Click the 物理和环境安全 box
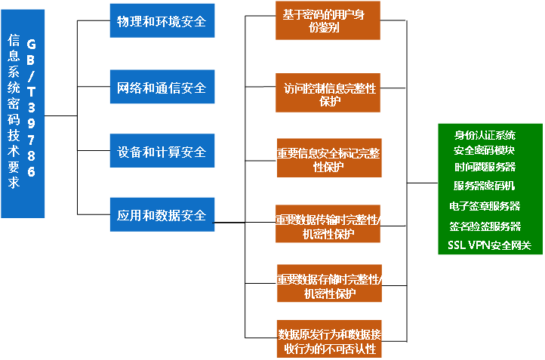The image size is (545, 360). pyautogui.click(x=162, y=20)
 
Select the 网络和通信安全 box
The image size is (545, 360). pyautogui.click(x=162, y=88)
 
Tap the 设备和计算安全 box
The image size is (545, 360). pyautogui.click(x=162, y=152)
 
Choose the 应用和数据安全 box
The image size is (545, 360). pyautogui.click(x=162, y=215)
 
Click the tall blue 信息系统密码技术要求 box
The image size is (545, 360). pyautogui.click(x=23, y=113)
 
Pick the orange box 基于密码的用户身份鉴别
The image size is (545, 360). pyautogui.click(x=328, y=20)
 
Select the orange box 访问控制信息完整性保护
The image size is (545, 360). pyautogui.click(x=328, y=94)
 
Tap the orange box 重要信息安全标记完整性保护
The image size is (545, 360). pyautogui.click(x=328, y=158)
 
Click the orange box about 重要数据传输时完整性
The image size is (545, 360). pyautogui.click(x=328, y=224)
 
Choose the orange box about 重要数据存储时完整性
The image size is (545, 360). pyautogui.click(x=328, y=285)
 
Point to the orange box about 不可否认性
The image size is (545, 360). pyautogui.click(x=328, y=340)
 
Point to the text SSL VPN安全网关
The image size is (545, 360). pyautogui.click(x=489, y=245)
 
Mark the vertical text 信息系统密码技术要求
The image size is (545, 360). pyautogui.click(x=13, y=113)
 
